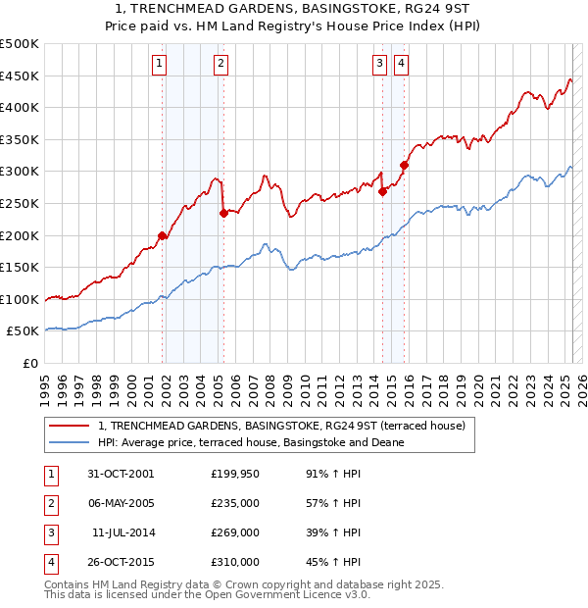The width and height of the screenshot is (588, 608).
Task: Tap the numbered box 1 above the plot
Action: coord(159,65)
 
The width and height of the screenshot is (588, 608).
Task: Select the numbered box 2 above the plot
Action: coord(221,65)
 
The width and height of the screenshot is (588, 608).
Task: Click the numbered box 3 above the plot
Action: coord(379,65)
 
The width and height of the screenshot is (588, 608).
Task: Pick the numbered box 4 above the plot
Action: coord(402,65)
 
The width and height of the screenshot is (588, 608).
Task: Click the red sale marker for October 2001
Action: coord(163,235)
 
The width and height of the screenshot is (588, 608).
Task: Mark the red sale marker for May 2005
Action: coord(223,213)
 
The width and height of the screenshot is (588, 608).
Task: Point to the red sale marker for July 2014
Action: coord(382,191)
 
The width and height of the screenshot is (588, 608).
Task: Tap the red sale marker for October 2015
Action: coord(404,165)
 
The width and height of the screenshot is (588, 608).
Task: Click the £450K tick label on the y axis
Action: coord(20,76)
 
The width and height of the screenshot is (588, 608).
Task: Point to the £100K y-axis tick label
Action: coord(20,299)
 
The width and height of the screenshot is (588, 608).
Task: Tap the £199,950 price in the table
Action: coord(235,474)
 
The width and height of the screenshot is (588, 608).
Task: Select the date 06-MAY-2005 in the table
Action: coord(121,503)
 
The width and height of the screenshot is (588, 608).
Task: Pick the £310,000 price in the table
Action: coord(235,562)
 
